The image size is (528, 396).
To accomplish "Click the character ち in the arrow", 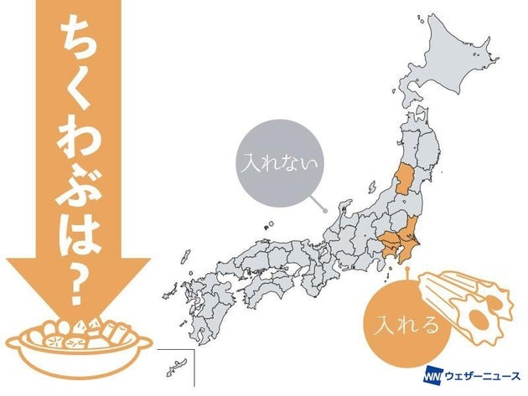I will point(77,42).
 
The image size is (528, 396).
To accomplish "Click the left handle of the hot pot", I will point(18,343).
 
